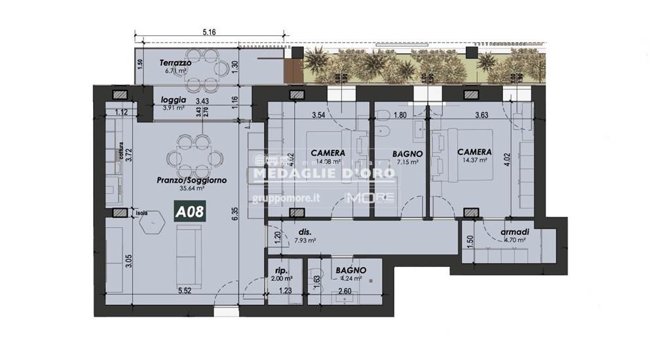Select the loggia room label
(x=174, y=100)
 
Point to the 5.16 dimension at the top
(x=210, y=31)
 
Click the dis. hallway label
(x=304, y=232)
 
